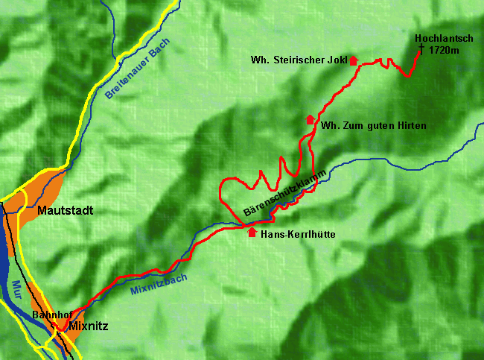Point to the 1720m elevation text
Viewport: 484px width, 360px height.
click(x=444, y=49)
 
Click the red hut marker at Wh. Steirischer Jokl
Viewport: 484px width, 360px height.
click(x=353, y=60)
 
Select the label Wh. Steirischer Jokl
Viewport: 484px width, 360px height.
click(x=298, y=60)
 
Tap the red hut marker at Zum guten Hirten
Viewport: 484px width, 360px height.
click(x=310, y=119)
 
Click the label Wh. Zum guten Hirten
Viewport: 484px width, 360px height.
click(x=374, y=126)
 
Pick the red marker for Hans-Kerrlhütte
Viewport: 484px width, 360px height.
click(x=252, y=232)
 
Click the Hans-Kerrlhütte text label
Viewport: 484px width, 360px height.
click(x=298, y=234)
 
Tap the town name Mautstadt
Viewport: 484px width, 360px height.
click(x=66, y=211)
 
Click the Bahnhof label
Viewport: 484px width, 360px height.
click(x=49, y=315)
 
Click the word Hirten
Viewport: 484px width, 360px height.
click(x=412, y=126)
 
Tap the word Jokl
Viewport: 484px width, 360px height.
click(x=337, y=60)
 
